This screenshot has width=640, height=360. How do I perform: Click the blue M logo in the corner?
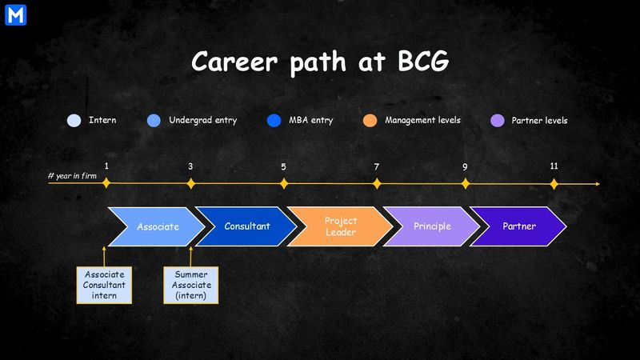click(x=14, y=14)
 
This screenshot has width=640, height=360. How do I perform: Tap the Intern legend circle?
click(x=74, y=121)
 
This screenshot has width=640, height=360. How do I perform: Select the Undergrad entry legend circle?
click(x=154, y=121)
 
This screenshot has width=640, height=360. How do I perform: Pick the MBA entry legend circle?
click(x=274, y=121)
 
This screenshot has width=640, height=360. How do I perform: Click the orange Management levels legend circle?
click(x=370, y=121)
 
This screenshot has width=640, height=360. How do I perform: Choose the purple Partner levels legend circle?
click(x=497, y=121)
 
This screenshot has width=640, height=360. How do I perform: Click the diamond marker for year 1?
click(x=106, y=183)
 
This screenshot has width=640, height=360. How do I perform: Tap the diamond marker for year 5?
click(x=283, y=183)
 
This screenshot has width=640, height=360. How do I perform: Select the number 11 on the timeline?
click(x=554, y=166)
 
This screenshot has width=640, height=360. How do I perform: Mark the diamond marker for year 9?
click(x=466, y=183)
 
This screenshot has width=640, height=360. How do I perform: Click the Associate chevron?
click(x=156, y=226)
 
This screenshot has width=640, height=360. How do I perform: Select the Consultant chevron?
click(x=246, y=226)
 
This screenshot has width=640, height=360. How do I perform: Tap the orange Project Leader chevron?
click(x=341, y=226)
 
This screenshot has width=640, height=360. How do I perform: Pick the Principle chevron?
click(x=432, y=226)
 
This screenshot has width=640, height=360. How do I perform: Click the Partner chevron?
click(x=519, y=226)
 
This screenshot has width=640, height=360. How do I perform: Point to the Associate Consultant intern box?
click(x=104, y=285)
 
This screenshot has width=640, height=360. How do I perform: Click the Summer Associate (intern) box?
click(x=190, y=285)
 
